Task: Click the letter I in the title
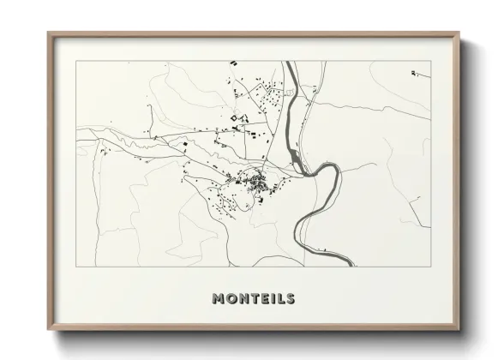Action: tap(272, 299)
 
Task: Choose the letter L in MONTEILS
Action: tap(279, 299)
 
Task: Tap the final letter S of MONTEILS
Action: tap(290, 299)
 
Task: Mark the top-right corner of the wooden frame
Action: tap(460, 33)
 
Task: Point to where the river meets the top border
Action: tap(291, 62)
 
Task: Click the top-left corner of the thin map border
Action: tap(76, 62)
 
